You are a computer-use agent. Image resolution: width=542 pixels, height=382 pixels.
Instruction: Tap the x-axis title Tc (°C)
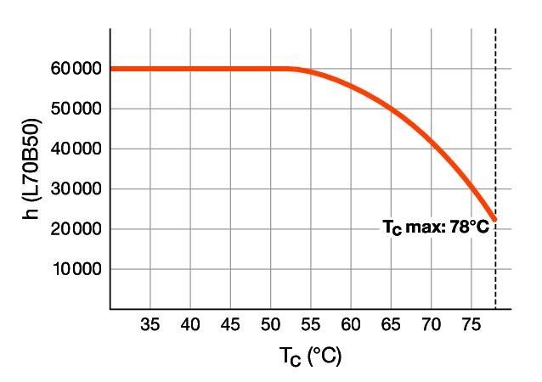click(x=310, y=357)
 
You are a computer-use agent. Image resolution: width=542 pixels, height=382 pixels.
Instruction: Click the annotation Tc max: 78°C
click(x=436, y=228)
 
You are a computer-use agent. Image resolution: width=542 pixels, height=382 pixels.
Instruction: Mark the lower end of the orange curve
click(x=494, y=219)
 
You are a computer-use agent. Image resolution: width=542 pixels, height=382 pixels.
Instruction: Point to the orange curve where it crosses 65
click(x=391, y=109)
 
